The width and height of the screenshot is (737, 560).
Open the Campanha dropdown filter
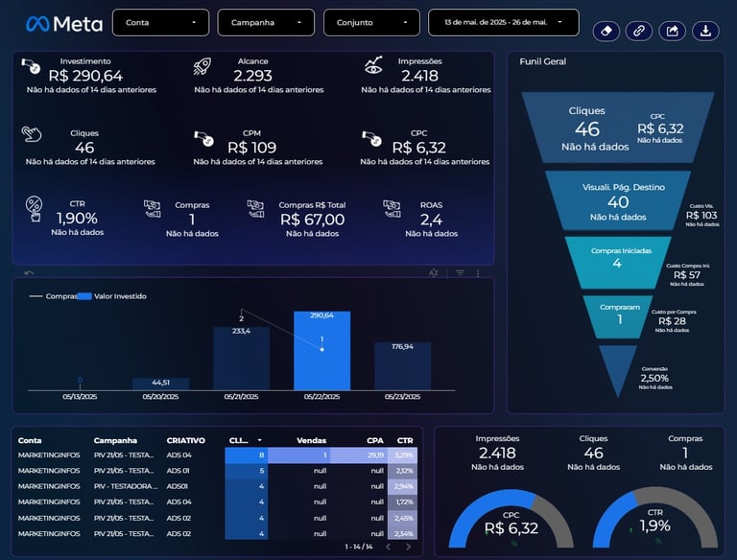(266, 22)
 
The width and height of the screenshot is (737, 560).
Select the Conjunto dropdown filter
(371, 22)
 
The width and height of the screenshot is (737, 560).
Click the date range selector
(504, 22)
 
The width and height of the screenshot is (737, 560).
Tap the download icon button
(705, 31)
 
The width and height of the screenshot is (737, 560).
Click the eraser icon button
(606, 31)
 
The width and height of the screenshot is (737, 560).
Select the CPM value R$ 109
(252, 148)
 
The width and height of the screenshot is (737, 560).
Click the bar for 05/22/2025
(321, 351)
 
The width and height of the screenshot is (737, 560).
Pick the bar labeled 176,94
(402, 366)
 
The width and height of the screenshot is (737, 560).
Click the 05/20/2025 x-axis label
(160, 395)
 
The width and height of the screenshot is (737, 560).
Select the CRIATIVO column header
(185, 440)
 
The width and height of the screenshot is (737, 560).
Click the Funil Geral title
(542, 61)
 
